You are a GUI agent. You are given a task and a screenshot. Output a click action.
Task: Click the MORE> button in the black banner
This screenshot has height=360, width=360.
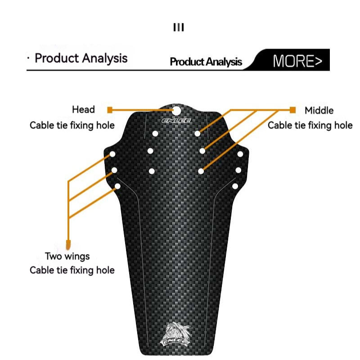pos(297,61)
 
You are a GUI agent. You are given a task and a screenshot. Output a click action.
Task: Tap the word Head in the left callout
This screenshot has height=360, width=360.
pos(83,109)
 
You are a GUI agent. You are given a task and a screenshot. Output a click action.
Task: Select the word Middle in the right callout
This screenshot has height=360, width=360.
pos(319,110)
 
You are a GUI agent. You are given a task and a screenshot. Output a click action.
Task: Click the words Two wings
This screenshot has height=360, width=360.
pos(67,256)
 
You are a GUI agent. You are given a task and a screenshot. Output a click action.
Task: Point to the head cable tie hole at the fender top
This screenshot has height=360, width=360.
pos(176,109)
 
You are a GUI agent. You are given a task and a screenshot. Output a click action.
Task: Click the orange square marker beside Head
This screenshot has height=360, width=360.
pos(110,109)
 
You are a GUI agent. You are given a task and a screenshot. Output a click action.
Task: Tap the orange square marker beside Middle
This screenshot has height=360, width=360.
pos(292,110)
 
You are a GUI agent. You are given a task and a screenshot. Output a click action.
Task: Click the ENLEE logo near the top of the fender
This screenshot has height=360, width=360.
pos(176,121)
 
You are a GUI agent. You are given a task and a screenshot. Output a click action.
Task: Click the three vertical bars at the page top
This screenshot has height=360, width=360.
pos(179,28)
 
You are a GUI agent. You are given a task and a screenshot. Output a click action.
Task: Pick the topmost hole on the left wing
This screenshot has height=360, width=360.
pos(112,154)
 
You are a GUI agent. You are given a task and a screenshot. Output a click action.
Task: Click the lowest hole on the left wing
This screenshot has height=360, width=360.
pos(117,186)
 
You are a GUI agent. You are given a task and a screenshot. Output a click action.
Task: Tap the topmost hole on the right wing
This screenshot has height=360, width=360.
pos(240,154)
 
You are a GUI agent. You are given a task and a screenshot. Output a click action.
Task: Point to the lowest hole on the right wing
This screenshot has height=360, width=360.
pos(235,186)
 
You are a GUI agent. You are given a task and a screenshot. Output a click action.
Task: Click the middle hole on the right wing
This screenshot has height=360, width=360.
pos(238,170)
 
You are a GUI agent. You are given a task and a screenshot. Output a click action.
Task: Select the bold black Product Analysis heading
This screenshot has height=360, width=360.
pos(206,62)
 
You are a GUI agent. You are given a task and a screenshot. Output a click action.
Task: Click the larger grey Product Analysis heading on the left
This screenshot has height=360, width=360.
pos(81,58)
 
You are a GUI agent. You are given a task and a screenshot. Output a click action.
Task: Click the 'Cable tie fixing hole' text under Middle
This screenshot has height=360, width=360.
pos(310,125)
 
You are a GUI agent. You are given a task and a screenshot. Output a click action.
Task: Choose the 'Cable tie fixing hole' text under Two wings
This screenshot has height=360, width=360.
pos(72,270)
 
